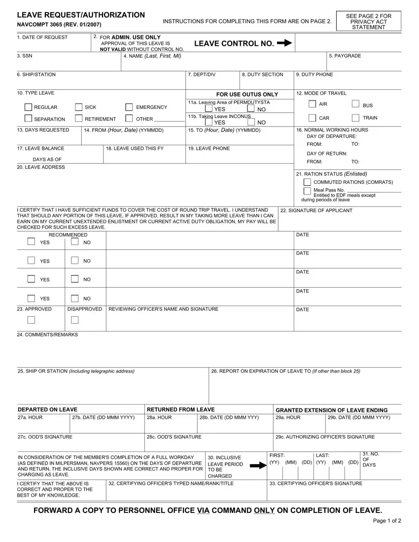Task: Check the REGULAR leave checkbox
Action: tap(29, 107)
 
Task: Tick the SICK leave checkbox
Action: tap(79, 107)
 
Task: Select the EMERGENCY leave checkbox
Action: tap(129, 107)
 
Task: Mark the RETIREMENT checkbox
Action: tap(79, 118)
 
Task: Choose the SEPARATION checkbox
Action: tap(29, 119)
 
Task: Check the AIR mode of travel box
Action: tap(313, 104)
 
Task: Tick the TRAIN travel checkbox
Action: tap(356, 118)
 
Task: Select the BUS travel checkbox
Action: tap(356, 104)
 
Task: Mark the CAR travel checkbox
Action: tap(313, 118)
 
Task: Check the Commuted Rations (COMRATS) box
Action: tap(307, 182)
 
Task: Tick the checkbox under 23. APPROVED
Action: tap(32, 320)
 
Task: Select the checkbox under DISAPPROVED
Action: tap(74, 320)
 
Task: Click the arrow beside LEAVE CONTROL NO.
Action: tap(284, 43)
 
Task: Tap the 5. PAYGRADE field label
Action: tap(345, 56)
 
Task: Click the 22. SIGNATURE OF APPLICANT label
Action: tap(316, 210)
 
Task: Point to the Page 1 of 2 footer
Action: tap(387, 521)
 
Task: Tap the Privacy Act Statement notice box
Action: tap(369, 22)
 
